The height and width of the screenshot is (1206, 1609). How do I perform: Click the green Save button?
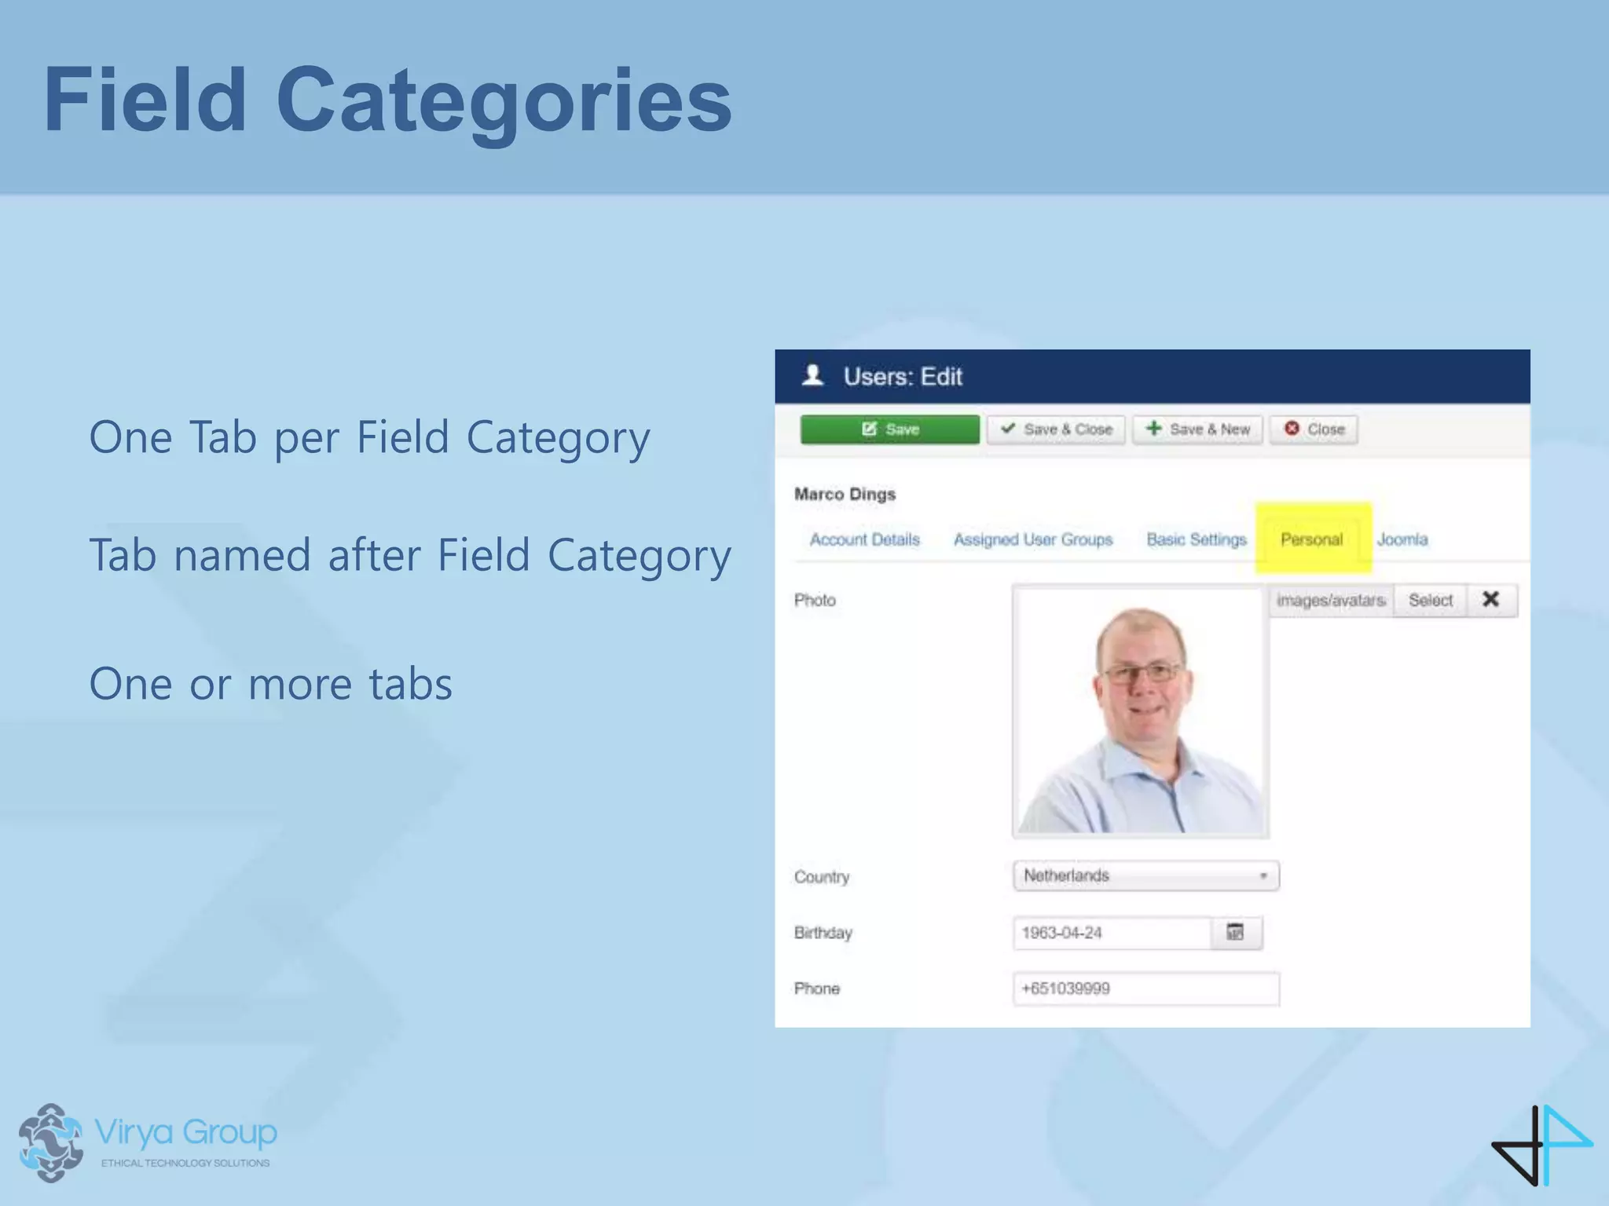(x=889, y=429)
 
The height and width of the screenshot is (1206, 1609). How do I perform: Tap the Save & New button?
(x=1197, y=429)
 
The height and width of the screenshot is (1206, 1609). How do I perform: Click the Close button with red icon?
(x=1314, y=429)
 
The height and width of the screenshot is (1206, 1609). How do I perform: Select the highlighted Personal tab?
(x=1311, y=539)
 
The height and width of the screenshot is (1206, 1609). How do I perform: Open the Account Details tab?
(x=864, y=539)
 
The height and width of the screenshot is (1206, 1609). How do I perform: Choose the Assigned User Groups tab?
(x=1032, y=539)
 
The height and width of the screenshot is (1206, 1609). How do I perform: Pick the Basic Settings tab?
(x=1196, y=539)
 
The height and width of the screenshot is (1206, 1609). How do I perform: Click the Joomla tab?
(x=1402, y=539)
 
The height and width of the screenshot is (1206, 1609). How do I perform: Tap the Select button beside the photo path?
(x=1430, y=601)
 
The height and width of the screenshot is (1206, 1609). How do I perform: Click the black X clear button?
(x=1490, y=601)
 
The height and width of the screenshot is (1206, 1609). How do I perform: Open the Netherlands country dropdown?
(x=1145, y=875)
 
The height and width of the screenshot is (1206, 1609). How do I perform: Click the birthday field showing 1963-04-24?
(x=1111, y=933)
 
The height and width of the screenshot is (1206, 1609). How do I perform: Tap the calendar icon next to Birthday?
(x=1235, y=933)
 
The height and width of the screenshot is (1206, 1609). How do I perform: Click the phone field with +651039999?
(x=1145, y=989)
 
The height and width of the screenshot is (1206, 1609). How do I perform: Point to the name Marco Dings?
(x=845, y=494)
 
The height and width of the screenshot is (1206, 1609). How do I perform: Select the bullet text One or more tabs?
(x=270, y=683)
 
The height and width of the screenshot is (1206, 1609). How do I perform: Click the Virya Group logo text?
(x=185, y=1132)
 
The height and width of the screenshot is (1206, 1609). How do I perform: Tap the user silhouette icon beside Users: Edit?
(x=812, y=376)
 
